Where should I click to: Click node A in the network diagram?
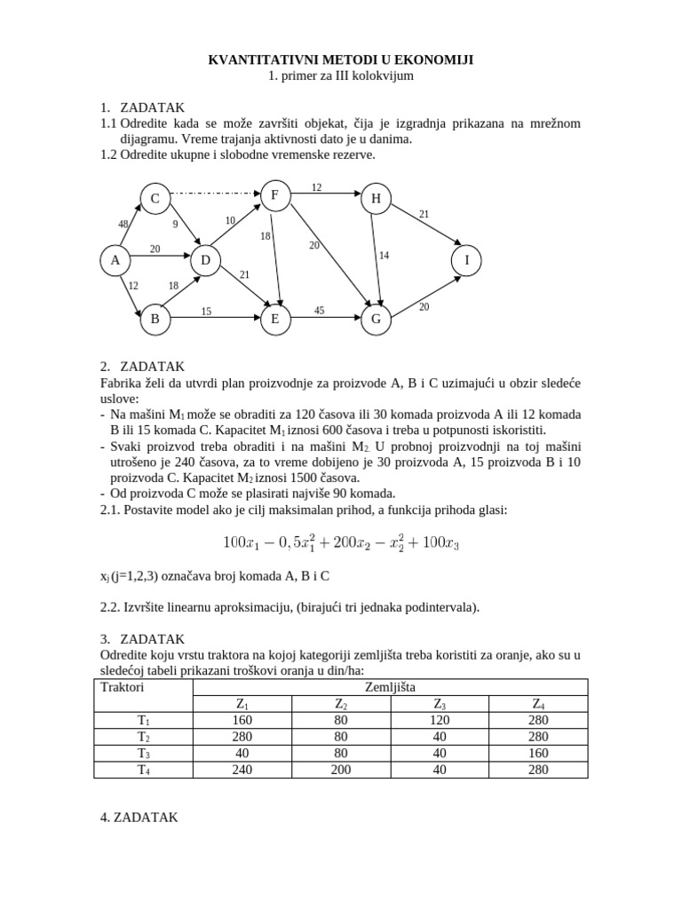click(115, 260)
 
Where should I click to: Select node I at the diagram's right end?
click(466, 260)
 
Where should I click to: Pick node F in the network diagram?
click(274, 194)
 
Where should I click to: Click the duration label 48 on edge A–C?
click(123, 224)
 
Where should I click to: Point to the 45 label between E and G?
click(320, 311)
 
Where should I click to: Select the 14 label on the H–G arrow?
click(384, 256)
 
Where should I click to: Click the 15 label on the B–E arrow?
click(205, 311)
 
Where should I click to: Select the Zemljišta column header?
click(390, 687)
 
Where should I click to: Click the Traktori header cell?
click(123, 687)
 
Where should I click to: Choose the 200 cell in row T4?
click(341, 770)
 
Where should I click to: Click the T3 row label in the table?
click(143, 753)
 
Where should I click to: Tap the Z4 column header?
click(538, 704)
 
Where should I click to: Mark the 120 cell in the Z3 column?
click(440, 720)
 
